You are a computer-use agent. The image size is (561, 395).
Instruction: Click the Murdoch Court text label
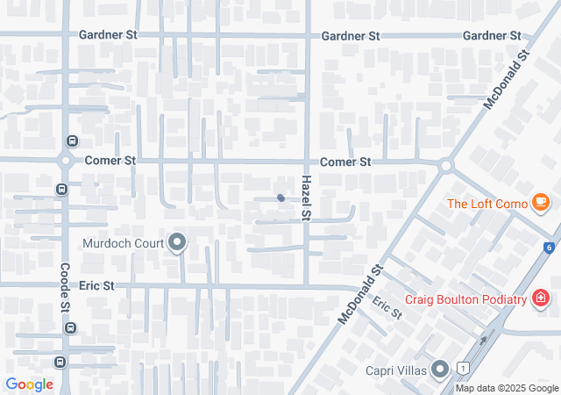tap(124, 243)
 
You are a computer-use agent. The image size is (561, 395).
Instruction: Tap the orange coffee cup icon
tap(541, 204)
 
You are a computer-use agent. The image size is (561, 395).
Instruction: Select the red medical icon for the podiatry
tap(541, 298)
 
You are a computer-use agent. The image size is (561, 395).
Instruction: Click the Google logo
tap(30, 384)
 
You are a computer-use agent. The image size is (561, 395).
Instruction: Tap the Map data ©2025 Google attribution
tap(507, 388)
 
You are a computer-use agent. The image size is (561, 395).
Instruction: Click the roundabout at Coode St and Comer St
tap(65, 161)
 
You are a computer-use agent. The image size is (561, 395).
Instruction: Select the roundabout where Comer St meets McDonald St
tap(446, 164)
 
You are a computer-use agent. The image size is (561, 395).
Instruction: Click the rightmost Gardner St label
tap(491, 36)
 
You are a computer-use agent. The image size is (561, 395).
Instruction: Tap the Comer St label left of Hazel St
tap(110, 162)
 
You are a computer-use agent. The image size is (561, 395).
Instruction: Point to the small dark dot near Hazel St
tap(280, 197)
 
